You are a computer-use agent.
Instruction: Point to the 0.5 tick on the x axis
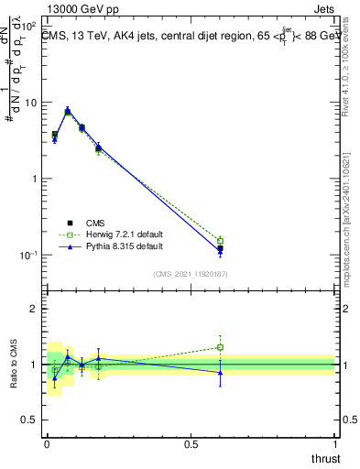click(191, 443)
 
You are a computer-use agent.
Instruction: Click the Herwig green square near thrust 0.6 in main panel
click(220, 241)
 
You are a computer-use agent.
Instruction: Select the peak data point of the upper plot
click(68, 111)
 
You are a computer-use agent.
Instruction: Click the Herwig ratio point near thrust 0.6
click(220, 347)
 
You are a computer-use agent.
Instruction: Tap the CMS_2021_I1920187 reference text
click(191, 274)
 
